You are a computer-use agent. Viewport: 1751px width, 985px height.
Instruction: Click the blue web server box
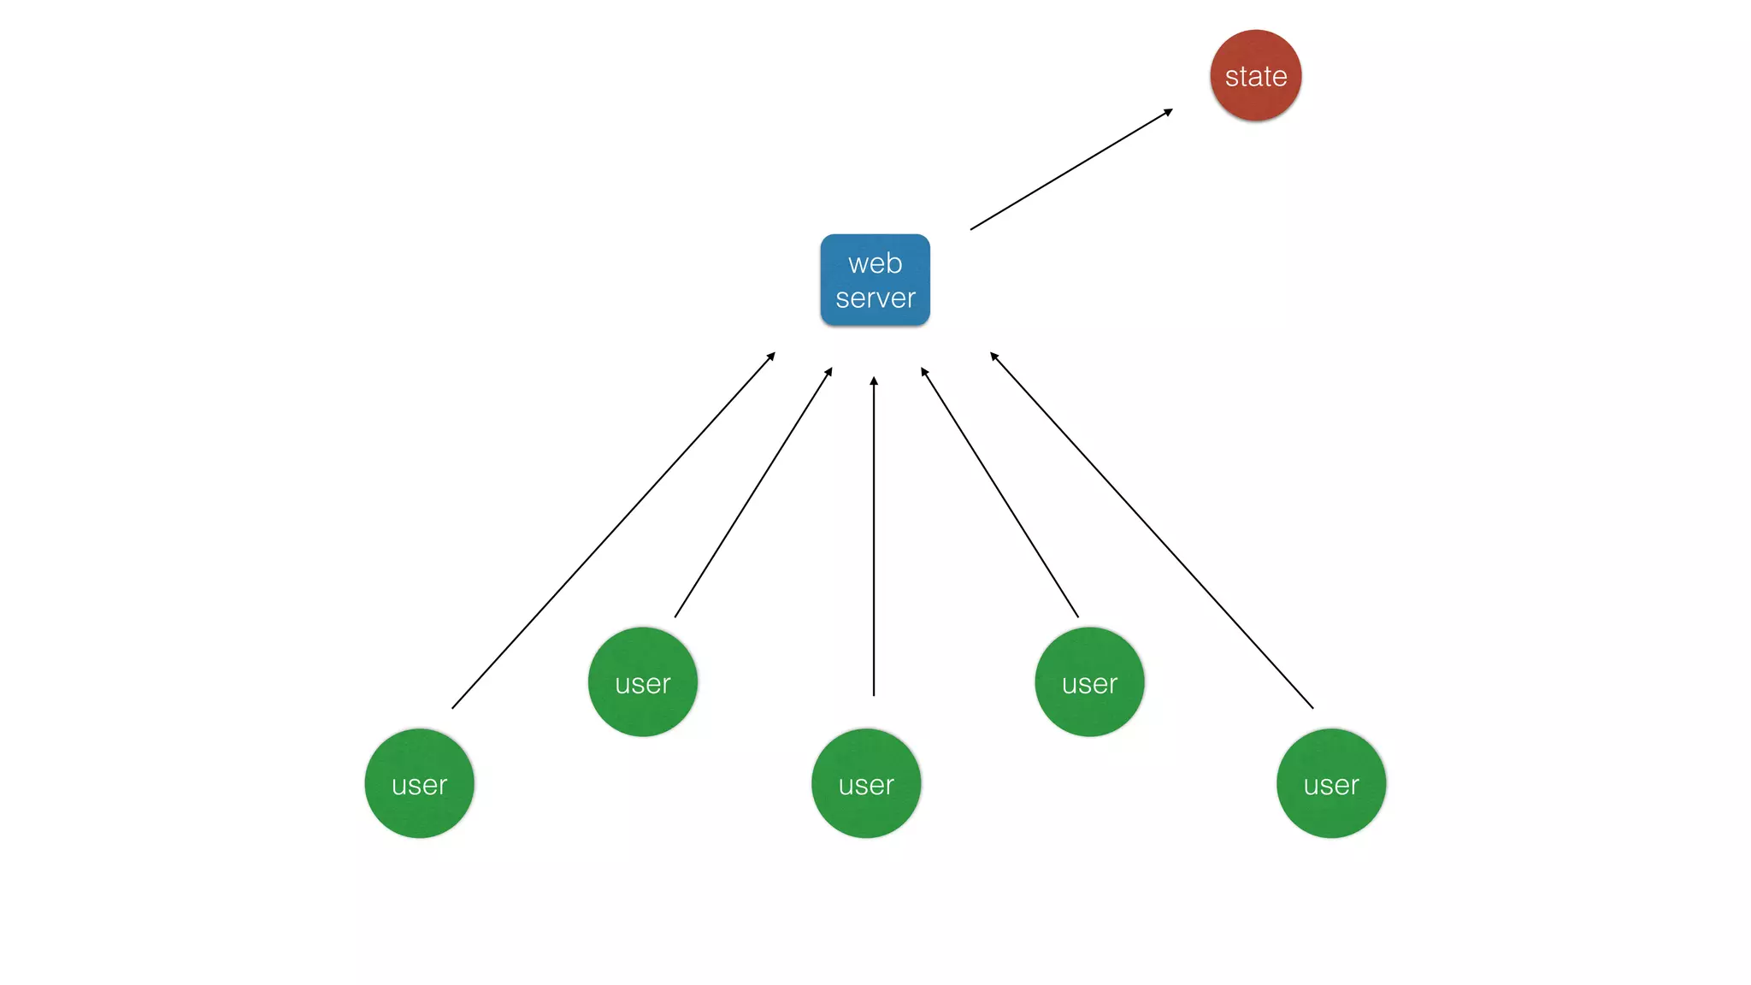pyautogui.click(x=875, y=280)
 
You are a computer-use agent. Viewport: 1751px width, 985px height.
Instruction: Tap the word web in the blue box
pyautogui.click(x=875, y=263)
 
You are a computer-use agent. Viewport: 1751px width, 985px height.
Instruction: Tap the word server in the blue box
pyautogui.click(x=875, y=298)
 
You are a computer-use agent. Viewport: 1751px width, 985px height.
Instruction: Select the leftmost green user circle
pyautogui.click(x=419, y=783)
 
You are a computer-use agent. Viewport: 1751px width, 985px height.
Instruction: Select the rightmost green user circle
pyautogui.click(x=1330, y=783)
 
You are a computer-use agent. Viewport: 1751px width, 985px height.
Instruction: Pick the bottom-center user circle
pyautogui.click(x=865, y=783)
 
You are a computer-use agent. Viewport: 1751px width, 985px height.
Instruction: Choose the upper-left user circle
pyautogui.click(x=642, y=682)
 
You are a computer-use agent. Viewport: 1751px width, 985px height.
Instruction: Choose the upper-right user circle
pyautogui.click(x=1089, y=682)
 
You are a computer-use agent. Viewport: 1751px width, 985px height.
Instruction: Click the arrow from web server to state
pyautogui.click(x=1070, y=169)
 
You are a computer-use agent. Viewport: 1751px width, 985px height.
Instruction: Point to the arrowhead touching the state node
pyautogui.click(x=1169, y=111)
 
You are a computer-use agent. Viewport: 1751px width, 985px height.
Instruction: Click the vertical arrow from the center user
pyautogui.click(x=873, y=539)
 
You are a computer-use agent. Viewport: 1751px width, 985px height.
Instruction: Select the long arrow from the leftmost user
pyautogui.click(x=613, y=530)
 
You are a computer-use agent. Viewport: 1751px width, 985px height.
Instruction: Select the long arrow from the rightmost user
pyautogui.click(x=1151, y=530)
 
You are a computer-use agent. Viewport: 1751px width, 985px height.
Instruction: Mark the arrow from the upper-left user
pyautogui.click(x=753, y=492)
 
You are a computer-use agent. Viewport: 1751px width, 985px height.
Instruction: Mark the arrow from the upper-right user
pyautogui.click(x=999, y=492)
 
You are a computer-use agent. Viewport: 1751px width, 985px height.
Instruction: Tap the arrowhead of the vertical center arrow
pyautogui.click(x=873, y=380)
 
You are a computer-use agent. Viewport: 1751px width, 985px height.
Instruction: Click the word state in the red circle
pyautogui.click(x=1255, y=77)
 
